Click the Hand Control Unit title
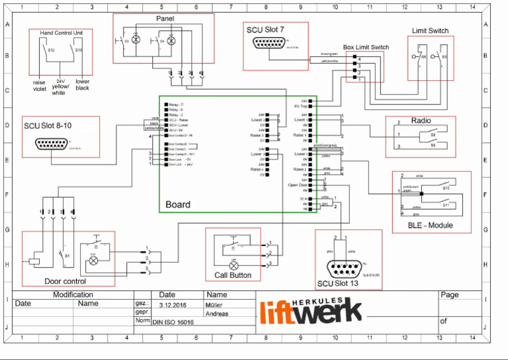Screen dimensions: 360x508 point(61,33)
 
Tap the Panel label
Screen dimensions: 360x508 point(165,18)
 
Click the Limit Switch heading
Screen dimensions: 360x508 point(430,30)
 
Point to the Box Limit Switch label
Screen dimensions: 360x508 point(366,48)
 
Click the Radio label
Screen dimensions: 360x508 point(421,120)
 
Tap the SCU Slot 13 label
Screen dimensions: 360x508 point(339,284)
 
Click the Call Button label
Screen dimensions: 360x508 point(232,275)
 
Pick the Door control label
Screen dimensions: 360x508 point(65,281)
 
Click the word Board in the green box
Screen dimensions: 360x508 point(177,204)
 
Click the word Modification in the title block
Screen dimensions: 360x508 point(73,295)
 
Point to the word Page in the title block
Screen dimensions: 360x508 point(449,295)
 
